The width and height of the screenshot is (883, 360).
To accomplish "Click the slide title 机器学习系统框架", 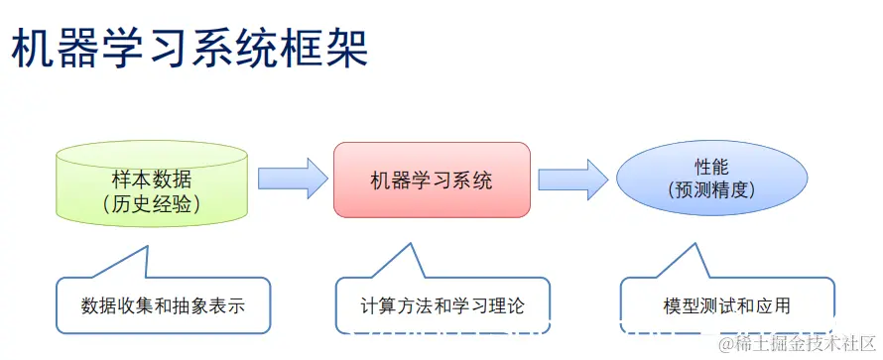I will coord(189,49).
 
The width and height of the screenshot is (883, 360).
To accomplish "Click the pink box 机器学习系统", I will coord(431,180).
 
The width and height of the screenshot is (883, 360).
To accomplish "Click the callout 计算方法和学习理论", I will coord(441,305).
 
